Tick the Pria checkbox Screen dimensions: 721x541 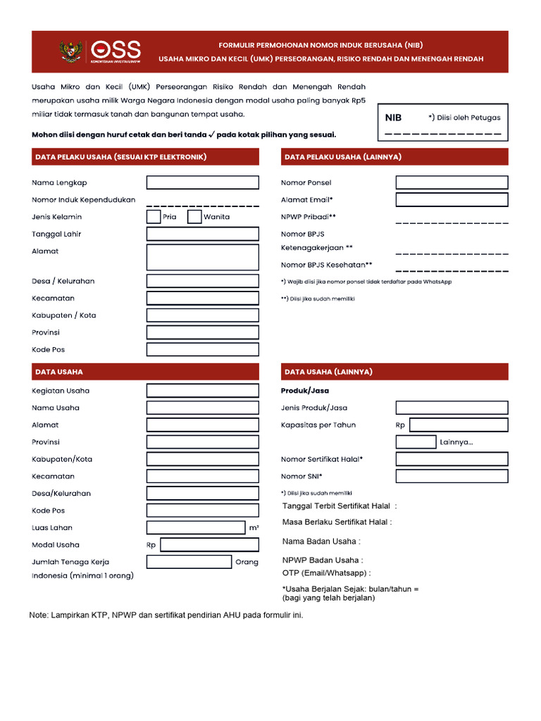154,217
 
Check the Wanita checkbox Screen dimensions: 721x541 194,217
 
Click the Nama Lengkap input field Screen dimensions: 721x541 202,183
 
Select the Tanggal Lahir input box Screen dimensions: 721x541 202,234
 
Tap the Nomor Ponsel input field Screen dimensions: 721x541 452,183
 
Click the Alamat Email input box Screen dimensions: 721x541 452,200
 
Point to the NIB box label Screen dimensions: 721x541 393,118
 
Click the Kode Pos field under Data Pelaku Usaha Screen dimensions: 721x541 202,350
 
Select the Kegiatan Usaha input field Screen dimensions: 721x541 202,391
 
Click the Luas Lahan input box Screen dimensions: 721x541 195,527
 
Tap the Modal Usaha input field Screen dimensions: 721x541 209,545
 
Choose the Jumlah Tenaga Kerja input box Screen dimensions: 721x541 189,562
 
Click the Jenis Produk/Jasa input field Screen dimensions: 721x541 452,408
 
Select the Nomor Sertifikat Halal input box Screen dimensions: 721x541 452,459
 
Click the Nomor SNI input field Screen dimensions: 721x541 452,477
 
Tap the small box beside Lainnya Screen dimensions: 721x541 416,442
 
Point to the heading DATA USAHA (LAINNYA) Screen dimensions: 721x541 328,372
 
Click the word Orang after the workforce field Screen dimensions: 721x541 247,563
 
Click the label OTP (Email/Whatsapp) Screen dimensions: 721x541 326,573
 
